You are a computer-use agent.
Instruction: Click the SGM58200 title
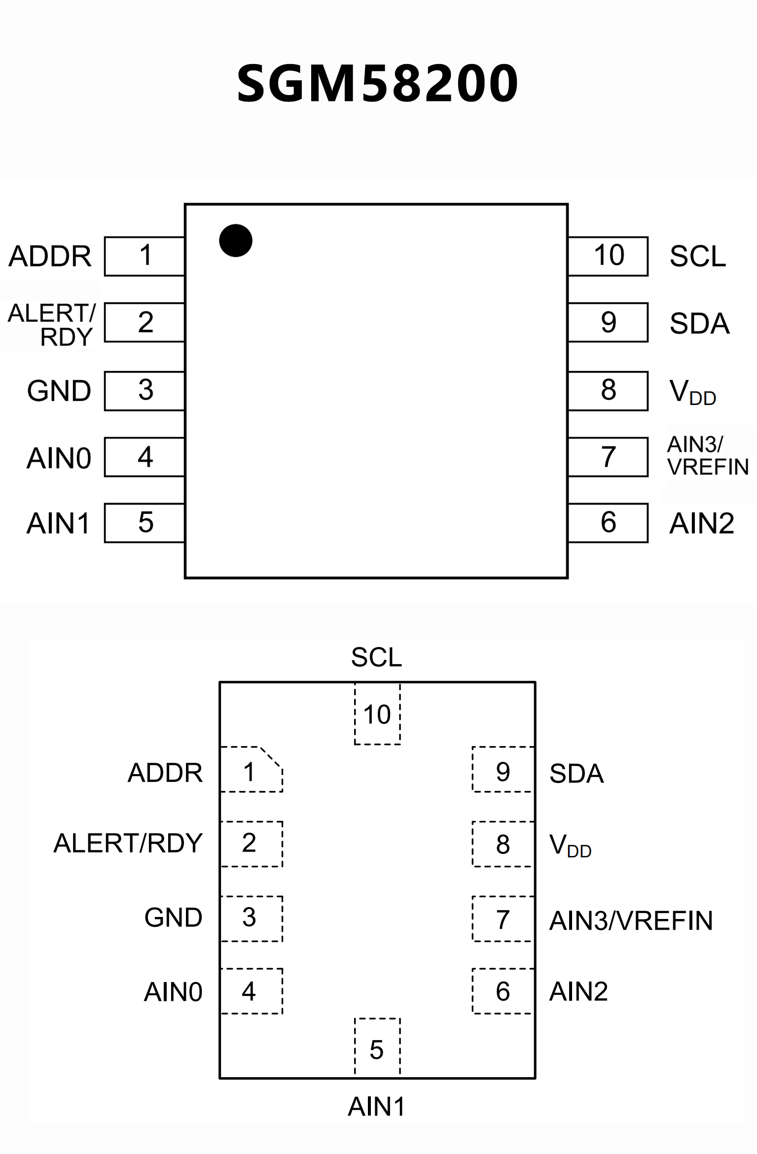coord(377,83)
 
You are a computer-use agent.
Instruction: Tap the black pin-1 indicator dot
coord(236,240)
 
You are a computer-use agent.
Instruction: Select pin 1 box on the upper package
coord(144,256)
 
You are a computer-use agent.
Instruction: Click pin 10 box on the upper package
coord(608,256)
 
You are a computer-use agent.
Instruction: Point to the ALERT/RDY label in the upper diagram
coord(52,325)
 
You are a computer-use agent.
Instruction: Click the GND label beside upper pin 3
coord(59,391)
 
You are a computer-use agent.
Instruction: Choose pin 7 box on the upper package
coord(608,457)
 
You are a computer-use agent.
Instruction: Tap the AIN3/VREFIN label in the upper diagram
coord(707,456)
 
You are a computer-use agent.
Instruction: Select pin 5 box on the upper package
coord(144,523)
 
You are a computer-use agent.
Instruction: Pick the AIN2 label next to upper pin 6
coord(701,523)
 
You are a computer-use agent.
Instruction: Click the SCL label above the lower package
coord(377,657)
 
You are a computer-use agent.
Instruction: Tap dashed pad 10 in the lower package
coord(377,714)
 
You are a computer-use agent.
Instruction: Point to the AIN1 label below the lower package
coord(377,1107)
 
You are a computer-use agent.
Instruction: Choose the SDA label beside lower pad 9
coord(576,774)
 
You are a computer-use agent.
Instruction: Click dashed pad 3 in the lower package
coord(251,917)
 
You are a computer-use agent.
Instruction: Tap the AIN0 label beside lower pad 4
coord(173,992)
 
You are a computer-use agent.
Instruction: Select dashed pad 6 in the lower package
coord(503,991)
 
